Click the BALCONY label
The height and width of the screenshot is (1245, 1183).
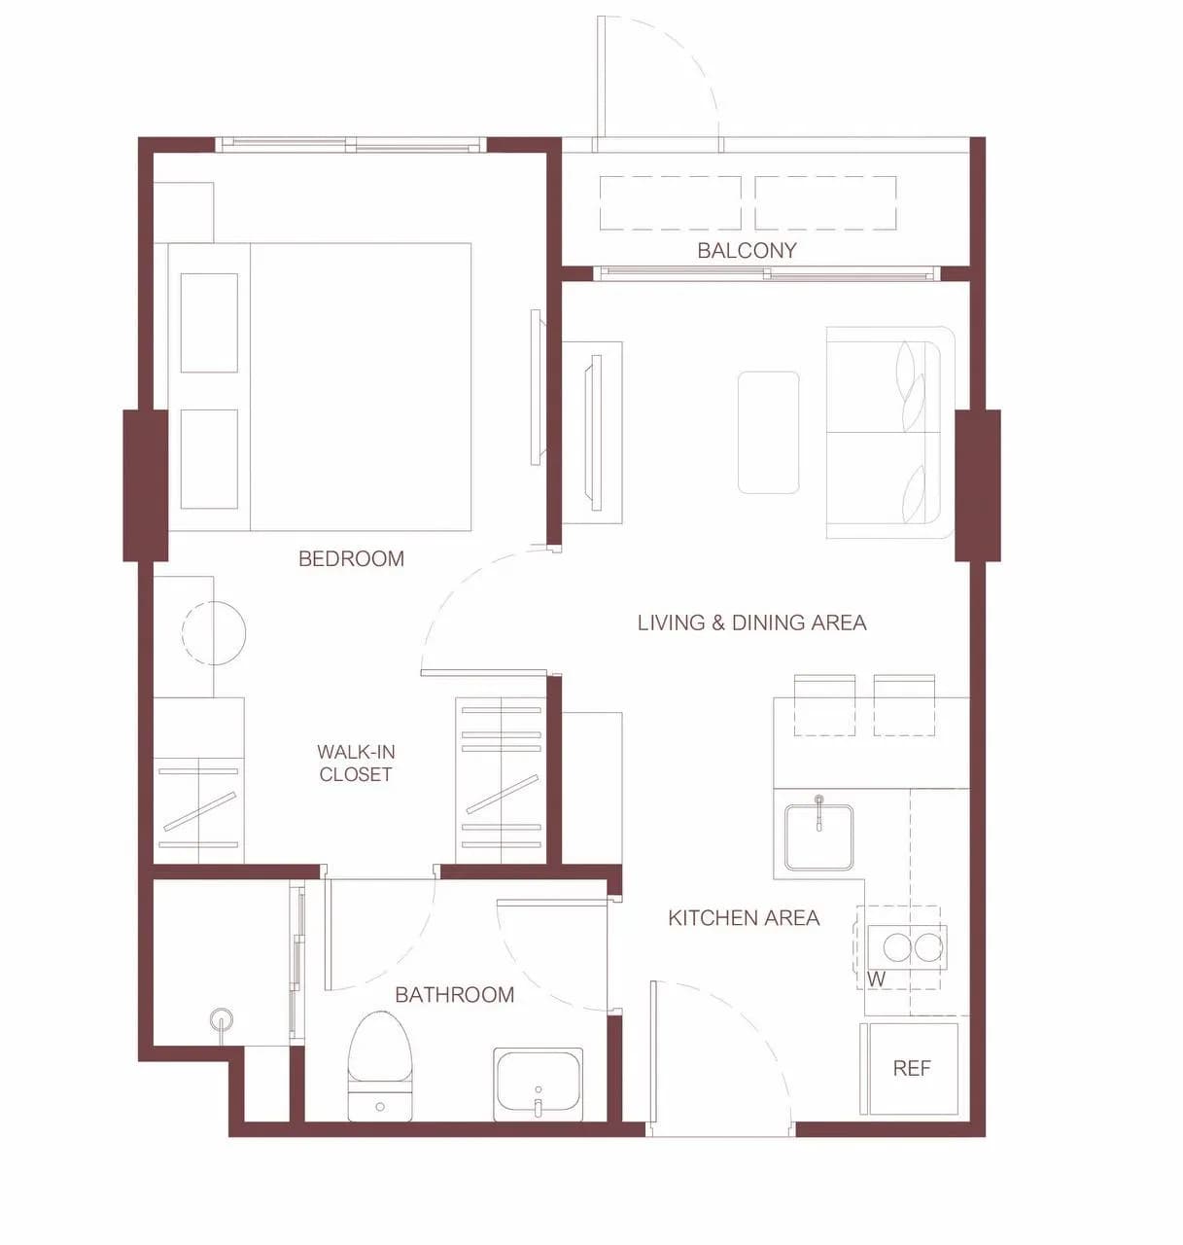747,251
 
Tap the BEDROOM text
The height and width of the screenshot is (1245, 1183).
351,558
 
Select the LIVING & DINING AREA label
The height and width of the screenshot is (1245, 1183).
752,622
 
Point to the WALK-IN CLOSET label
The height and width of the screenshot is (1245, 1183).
356,764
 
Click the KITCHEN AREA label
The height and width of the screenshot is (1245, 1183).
744,918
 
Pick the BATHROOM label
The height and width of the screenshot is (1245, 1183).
455,995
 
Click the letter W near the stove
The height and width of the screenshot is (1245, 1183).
876,979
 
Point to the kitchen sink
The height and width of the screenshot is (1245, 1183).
818,836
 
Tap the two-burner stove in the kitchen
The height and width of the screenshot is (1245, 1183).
907,947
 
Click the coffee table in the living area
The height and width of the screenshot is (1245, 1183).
768,433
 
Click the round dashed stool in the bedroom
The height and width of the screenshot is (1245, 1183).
214,632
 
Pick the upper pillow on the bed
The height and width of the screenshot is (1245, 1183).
209,323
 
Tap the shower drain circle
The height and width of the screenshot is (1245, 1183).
221,1019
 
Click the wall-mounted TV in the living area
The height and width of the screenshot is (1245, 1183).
595,433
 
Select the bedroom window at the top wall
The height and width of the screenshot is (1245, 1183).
351,145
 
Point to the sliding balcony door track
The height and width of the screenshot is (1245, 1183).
767,273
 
